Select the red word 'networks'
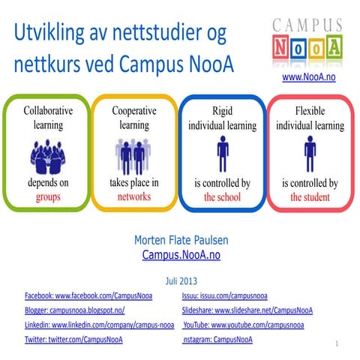tap(133, 197)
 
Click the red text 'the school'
tap(223, 197)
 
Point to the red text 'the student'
tap(310, 197)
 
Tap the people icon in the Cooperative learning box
tap(134, 156)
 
